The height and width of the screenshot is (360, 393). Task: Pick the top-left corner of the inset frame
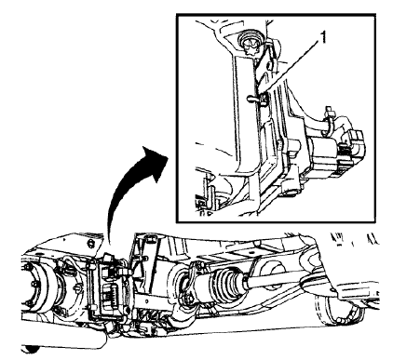pos(173,14)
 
